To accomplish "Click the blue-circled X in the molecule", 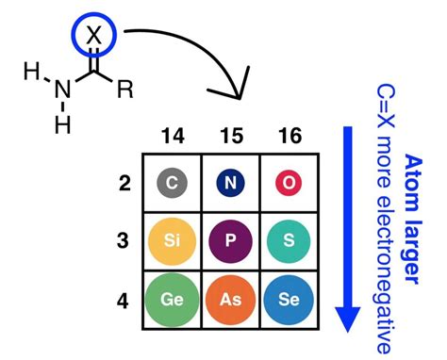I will click(x=92, y=34).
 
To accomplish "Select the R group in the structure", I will click(x=125, y=90).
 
